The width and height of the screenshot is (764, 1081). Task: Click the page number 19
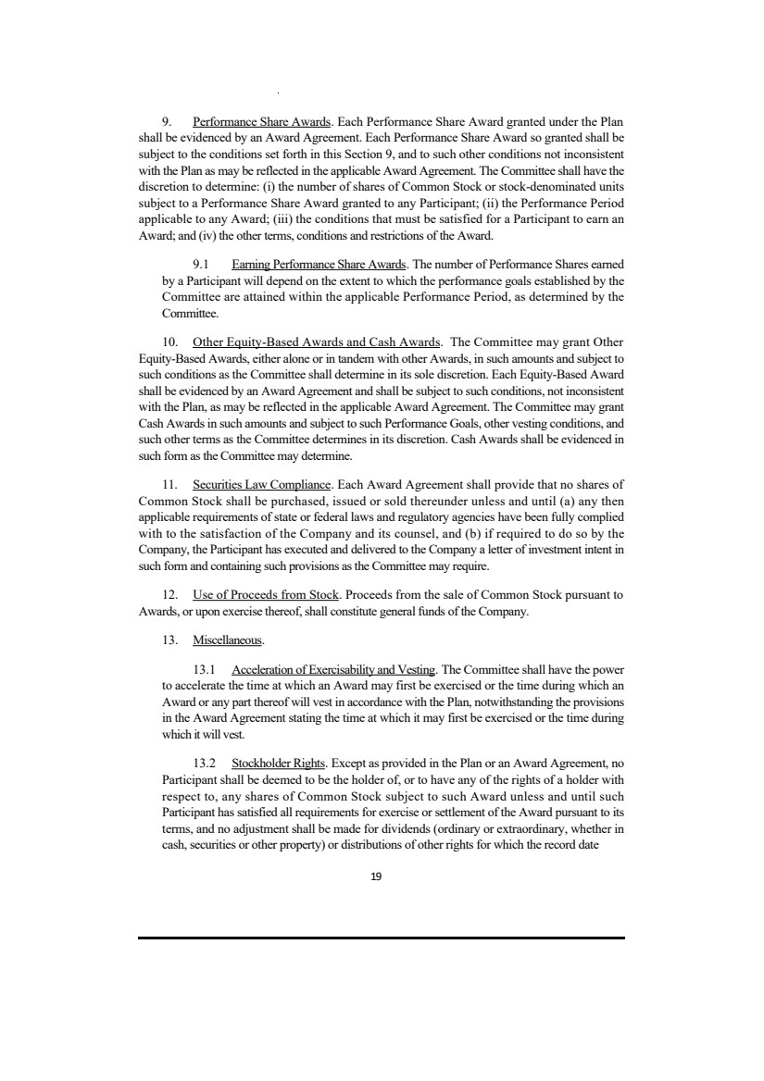(376, 876)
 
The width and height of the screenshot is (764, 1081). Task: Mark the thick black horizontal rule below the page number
(382, 938)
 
